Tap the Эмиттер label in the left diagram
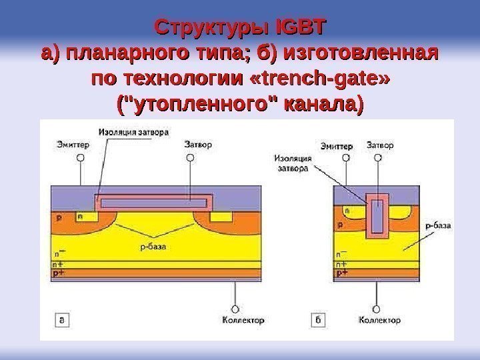[x=71, y=143]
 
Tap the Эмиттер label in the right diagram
[x=337, y=144]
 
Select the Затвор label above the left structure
[x=194, y=143]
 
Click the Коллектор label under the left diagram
[x=242, y=321]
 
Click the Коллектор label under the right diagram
[x=380, y=321]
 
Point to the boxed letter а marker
[x=62, y=321]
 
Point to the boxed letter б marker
[x=318, y=321]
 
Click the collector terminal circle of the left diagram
[x=235, y=309]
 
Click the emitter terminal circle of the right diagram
[x=345, y=159]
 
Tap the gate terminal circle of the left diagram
[x=191, y=158]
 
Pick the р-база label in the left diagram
[x=153, y=247]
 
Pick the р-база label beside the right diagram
[x=437, y=225]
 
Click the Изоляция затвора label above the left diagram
[x=133, y=131]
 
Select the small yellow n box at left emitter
[x=81, y=216]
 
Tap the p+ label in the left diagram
[x=59, y=273]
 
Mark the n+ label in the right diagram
[x=341, y=263]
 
